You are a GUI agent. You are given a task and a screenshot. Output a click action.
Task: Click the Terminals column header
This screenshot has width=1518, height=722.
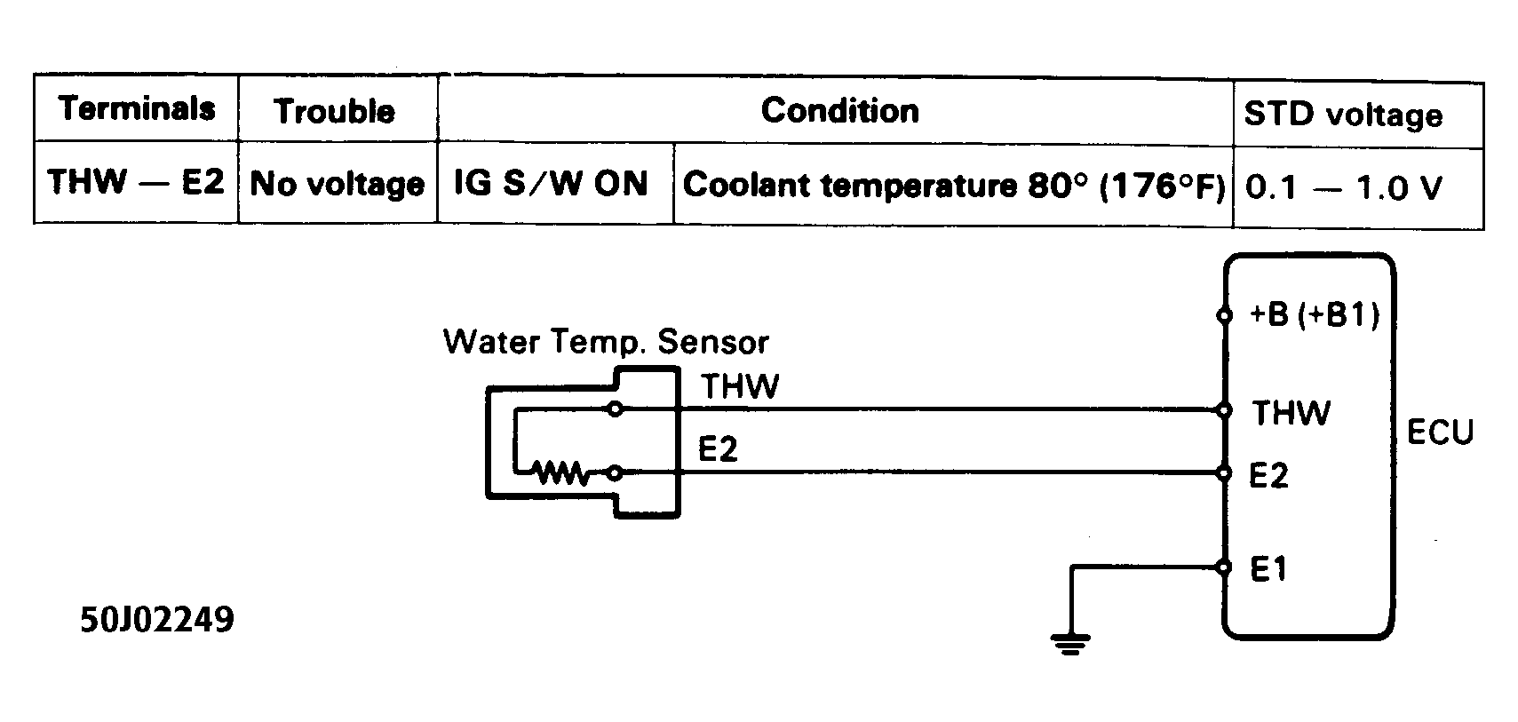137,108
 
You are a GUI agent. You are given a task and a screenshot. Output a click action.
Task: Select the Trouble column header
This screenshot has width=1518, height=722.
335,111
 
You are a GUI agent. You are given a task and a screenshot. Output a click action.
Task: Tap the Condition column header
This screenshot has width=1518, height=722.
839,110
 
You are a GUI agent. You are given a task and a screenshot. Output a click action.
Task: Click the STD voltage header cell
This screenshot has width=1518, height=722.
1342,115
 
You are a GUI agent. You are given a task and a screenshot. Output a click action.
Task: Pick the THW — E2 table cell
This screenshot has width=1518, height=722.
136,182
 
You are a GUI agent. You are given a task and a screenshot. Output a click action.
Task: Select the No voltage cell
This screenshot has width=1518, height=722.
337,184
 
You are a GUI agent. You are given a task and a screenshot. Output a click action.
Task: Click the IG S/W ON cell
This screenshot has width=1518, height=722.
551,183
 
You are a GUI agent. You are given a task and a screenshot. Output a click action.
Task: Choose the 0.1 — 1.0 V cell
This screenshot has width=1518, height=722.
1343,187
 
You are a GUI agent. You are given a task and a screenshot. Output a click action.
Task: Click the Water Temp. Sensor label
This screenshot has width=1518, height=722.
606,342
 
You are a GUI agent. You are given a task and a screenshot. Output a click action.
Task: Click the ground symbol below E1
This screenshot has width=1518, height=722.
1069,643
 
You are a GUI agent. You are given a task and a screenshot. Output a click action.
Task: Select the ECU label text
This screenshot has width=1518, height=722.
1440,432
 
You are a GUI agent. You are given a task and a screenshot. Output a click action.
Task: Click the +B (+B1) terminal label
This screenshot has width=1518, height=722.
1314,315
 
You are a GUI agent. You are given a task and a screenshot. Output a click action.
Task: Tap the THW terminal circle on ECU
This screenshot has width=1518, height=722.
1225,409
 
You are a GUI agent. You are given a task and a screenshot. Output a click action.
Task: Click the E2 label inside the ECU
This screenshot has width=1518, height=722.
1268,476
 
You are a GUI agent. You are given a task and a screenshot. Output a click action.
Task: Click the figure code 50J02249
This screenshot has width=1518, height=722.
157,619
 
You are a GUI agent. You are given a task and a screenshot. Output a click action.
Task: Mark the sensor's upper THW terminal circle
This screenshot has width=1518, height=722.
615,409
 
